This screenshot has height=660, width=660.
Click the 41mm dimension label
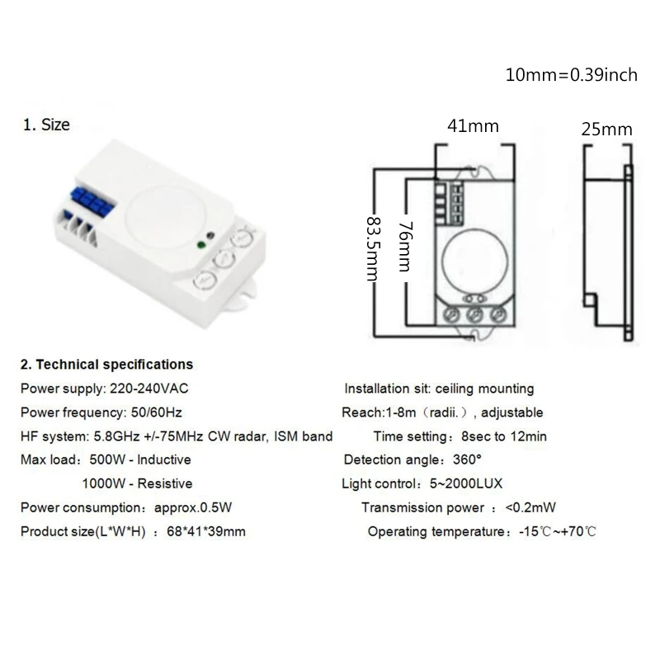pyautogui.click(x=473, y=126)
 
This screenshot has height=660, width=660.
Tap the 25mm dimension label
pyautogui.click(x=607, y=129)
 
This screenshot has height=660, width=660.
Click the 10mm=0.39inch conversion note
pyautogui.click(x=572, y=75)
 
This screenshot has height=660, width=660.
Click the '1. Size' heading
pyautogui.click(x=46, y=125)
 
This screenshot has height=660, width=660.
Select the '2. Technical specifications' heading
pyautogui.click(x=107, y=364)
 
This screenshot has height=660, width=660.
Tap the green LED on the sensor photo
pyautogui.click(x=200, y=244)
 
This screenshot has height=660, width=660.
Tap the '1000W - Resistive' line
pyautogui.click(x=137, y=483)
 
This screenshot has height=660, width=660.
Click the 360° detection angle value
pyautogui.click(x=468, y=460)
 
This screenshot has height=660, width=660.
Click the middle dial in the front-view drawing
pyautogui.click(x=474, y=314)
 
